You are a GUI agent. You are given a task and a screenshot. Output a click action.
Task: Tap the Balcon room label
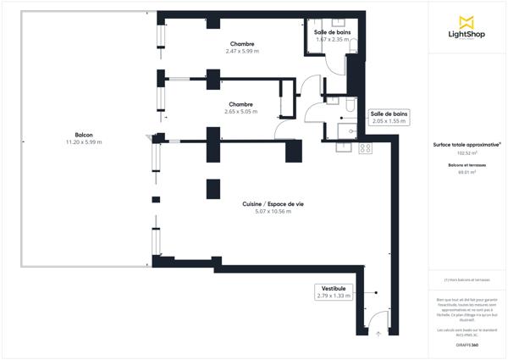[84, 135]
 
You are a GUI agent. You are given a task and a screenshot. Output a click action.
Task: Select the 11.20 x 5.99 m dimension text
[84, 142]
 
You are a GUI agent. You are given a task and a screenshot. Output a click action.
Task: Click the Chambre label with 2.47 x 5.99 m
[242, 43]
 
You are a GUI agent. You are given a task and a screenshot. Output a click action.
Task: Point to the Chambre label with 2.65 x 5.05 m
[240, 104]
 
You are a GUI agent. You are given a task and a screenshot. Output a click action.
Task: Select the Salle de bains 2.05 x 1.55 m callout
[389, 117]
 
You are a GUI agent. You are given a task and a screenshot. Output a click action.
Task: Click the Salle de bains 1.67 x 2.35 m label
[333, 35]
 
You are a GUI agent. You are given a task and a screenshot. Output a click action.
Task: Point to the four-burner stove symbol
[366, 148]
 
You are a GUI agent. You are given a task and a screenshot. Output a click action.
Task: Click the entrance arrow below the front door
[378, 333]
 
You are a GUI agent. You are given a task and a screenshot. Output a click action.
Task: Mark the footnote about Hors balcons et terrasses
[467, 280]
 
